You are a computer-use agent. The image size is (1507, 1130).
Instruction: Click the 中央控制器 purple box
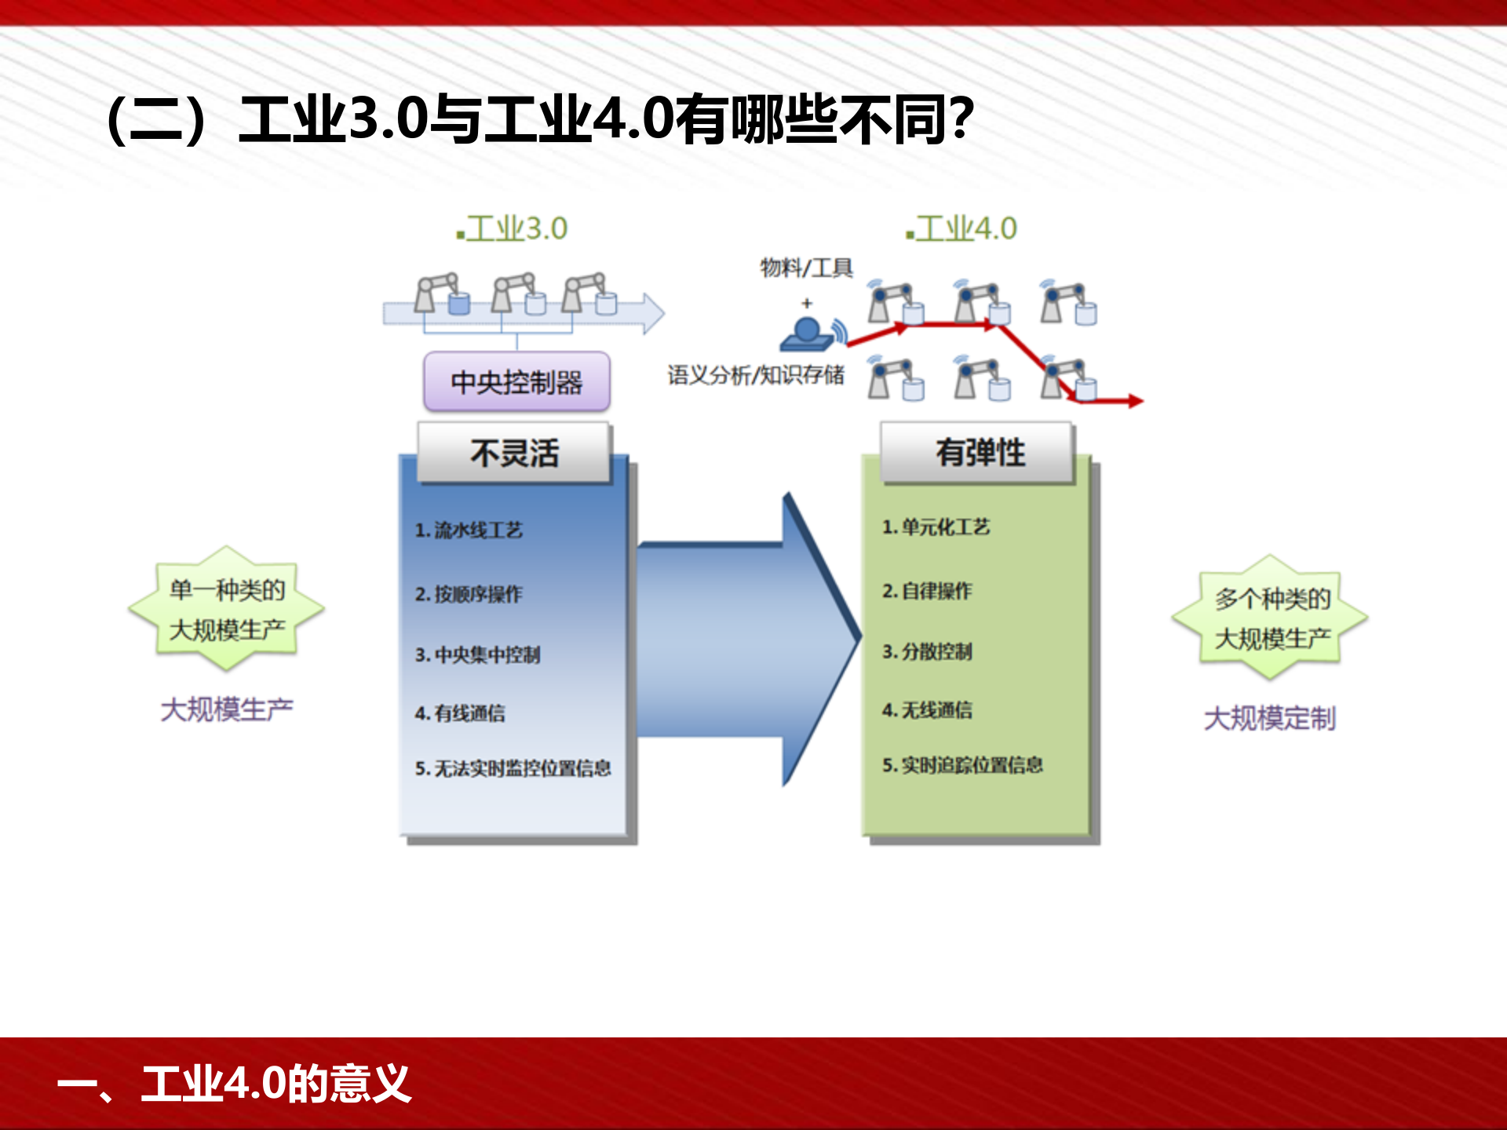pos(516,382)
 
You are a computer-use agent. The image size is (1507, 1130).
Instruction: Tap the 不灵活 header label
pos(514,453)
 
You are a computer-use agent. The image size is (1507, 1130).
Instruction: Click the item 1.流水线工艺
pos(469,530)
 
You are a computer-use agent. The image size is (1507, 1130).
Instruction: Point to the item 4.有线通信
pos(460,713)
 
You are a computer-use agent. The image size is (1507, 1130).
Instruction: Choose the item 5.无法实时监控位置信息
pos(513,768)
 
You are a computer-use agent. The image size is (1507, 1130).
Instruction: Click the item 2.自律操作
pos(927,591)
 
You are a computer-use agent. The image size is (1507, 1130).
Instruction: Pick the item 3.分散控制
pos(927,651)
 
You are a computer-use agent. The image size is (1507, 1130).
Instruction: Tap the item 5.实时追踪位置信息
pos(962,765)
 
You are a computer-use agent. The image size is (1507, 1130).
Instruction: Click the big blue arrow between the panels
pos(738,640)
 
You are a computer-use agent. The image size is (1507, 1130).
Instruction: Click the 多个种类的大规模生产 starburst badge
pos(1271,618)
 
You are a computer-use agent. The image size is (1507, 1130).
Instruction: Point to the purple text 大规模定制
pos(1269,718)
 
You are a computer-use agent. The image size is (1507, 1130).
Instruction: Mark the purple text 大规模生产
pos(227,709)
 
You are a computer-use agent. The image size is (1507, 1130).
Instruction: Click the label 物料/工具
pos(806,268)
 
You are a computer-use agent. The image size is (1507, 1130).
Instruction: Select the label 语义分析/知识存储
pos(755,375)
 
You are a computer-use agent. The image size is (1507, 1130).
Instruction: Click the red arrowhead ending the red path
pos(1135,401)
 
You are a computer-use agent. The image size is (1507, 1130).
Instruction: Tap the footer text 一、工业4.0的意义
pos(234,1084)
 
